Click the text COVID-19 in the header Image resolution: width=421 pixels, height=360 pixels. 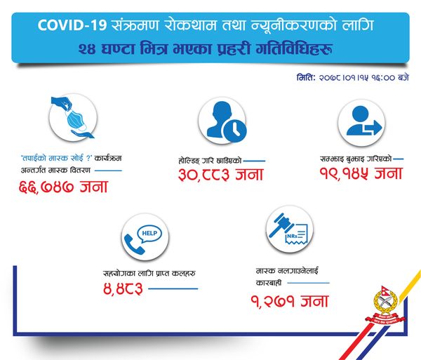pos(72,25)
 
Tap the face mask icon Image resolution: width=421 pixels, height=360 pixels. pos(76,121)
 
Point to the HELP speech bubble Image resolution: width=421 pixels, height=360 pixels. pos(149,234)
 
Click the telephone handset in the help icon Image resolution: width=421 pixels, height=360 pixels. pos(134,244)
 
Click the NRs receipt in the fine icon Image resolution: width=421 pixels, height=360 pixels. pos(296,234)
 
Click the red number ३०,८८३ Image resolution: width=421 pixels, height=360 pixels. pos(204,175)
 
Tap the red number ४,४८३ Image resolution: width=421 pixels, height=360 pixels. pos(123,289)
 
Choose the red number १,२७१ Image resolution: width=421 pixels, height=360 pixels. pos(273,301)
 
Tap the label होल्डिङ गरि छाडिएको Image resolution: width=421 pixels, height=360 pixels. pos(210,161)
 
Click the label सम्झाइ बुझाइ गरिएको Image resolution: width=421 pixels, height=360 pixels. pos(356,159)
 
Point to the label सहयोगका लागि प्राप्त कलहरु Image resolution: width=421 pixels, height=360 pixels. pos(149,273)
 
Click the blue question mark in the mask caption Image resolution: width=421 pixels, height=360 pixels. pos(88,158)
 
